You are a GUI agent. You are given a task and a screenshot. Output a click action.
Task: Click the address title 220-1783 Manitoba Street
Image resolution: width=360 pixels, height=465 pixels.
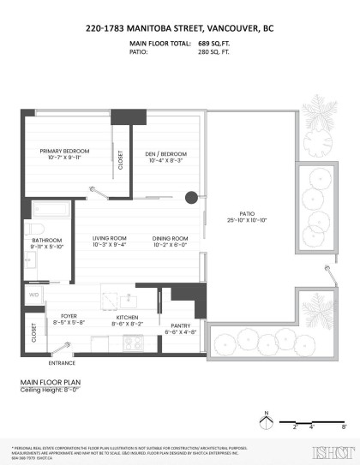[179, 28]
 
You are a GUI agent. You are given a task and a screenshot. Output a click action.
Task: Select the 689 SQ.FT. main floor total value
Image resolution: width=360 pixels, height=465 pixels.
[214, 42]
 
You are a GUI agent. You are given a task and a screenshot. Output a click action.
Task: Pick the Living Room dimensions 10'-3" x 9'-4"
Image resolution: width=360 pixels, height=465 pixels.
[109, 244]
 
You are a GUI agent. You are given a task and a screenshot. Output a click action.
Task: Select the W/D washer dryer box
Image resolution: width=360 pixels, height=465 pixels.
[34, 295]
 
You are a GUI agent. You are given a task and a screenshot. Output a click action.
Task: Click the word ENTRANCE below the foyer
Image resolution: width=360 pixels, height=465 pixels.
[60, 360]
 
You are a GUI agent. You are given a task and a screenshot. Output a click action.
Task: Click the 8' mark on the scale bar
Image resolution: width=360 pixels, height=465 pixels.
[343, 426]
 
